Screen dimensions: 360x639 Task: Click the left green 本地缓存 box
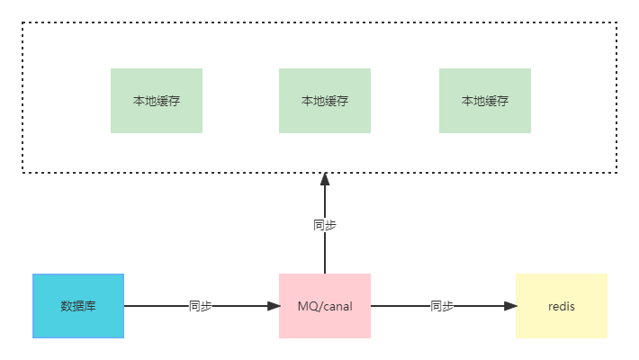click(157, 101)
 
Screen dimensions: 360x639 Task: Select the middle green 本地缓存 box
click(325, 101)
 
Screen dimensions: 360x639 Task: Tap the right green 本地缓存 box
click(485, 101)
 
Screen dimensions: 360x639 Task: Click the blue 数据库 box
click(78, 306)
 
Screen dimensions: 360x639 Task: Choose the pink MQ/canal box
click(325, 306)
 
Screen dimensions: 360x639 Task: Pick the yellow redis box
click(562, 306)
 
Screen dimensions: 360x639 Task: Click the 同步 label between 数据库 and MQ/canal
click(201, 306)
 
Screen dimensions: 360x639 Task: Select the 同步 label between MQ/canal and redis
click(443, 306)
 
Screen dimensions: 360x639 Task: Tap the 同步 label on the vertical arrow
click(325, 225)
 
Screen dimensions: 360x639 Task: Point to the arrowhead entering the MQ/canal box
click(274, 306)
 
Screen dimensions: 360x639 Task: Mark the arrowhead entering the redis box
click(511, 306)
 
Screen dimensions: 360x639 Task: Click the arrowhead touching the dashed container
click(325, 177)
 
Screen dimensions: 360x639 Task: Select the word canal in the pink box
click(337, 306)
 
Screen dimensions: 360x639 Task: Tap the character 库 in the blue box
click(90, 306)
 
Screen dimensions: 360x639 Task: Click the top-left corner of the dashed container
click(23, 24)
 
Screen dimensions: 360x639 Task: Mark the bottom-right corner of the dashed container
click(616, 171)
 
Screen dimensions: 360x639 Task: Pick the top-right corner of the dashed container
click(616, 24)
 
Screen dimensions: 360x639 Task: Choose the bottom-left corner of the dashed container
click(23, 171)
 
